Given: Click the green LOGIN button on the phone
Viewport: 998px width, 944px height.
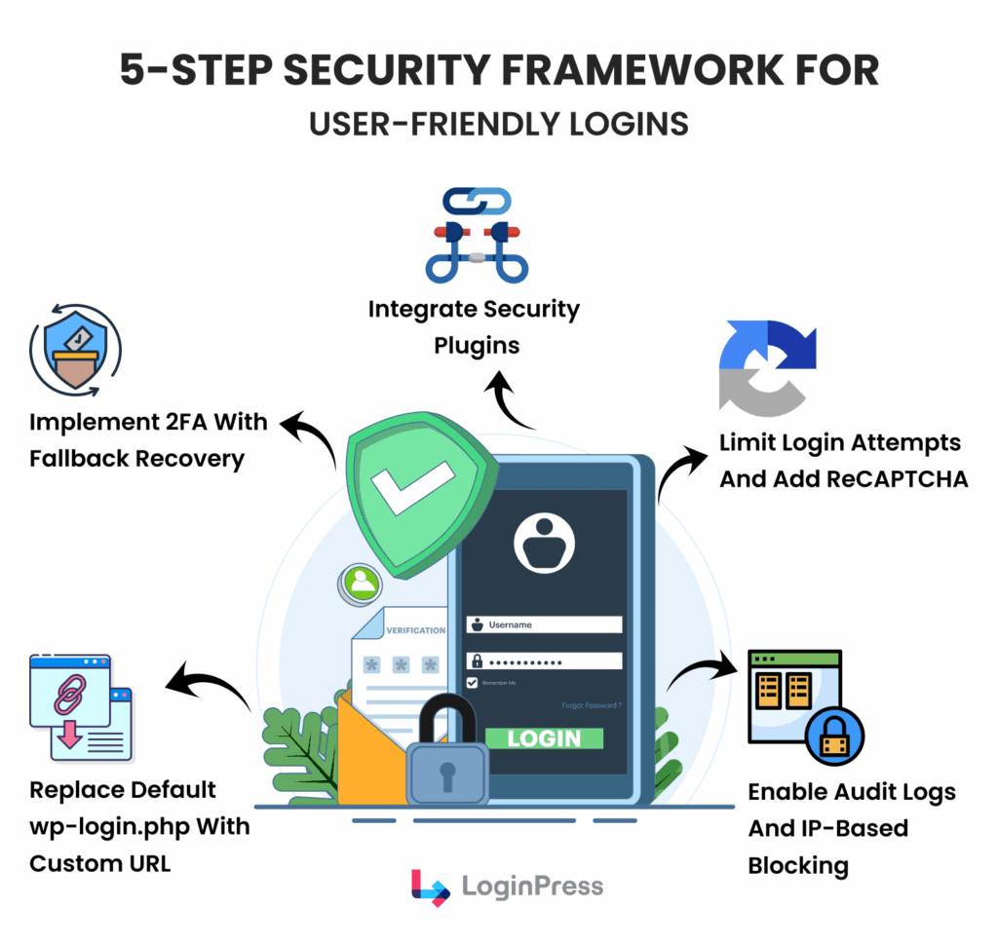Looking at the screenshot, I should [x=544, y=737].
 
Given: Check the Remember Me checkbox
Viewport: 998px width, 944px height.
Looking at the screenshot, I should [x=473, y=683].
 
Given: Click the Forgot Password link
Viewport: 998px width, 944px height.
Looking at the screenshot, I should [x=592, y=705].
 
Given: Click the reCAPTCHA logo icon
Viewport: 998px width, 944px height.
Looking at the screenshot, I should [x=767, y=367].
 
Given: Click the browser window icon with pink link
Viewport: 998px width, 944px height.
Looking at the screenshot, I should [x=80, y=706].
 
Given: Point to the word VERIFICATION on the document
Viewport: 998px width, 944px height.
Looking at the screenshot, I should [x=416, y=630].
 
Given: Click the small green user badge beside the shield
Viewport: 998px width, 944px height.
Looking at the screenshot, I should [x=363, y=583].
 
